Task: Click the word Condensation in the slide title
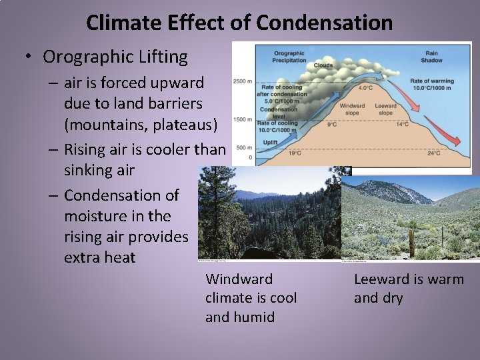pyautogui.click(x=324, y=23)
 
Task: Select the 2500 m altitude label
pyautogui.click(x=242, y=81)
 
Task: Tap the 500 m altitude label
pyautogui.click(x=244, y=147)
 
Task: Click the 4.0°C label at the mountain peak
pyautogui.click(x=366, y=87)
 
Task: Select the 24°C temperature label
pyautogui.click(x=433, y=153)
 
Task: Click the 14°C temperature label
pyautogui.click(x=402, y=124)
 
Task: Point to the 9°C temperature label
pyautogui.click(x=331, y=124)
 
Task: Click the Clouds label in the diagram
pyautogui.click(x=323, y=65)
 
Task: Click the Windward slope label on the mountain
pyautogui.click(x=352, y=109)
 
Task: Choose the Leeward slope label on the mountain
pyautogui.click(x=385, y=109)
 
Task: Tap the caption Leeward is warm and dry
pyautogui.click(x=408, y=289)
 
